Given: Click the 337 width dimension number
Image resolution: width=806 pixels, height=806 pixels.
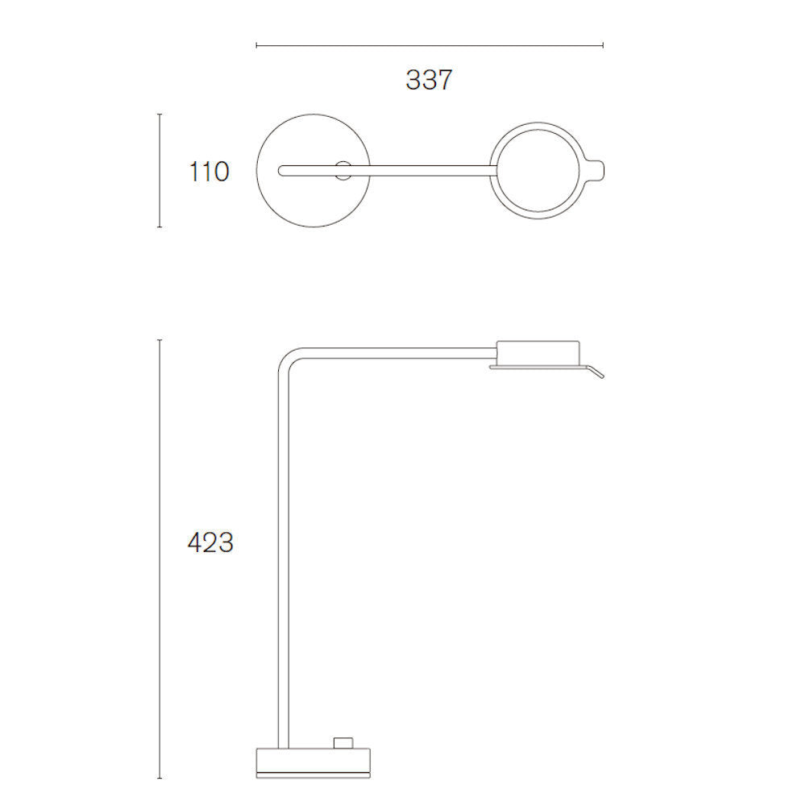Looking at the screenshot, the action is coord(429,80).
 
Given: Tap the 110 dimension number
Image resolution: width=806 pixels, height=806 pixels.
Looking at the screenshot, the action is coord(210,172).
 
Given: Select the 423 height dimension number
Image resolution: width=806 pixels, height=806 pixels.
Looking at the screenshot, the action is coord(210,542).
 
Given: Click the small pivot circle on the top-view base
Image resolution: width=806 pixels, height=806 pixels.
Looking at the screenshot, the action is coord(343,171).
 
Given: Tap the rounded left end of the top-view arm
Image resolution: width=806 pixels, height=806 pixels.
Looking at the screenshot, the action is coord(280,171).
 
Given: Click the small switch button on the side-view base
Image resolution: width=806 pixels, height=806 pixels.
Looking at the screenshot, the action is coord(343,743).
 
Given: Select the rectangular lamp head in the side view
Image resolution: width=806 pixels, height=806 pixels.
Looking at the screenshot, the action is coord(538,353).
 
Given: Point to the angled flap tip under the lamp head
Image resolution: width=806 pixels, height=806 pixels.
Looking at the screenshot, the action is coord(602,376).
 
